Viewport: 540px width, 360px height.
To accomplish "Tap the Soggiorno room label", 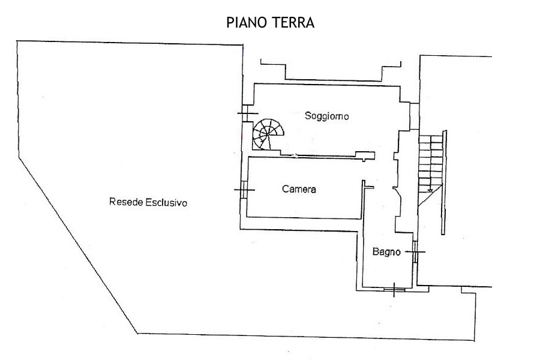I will pyautogui.click(x=326, y=116).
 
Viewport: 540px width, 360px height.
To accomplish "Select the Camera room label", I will pyautogui.click(x=299, y=190).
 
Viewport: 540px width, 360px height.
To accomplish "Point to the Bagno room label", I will pyautogui.click(x=386, y=252).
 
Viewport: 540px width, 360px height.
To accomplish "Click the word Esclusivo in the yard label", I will pyautogui.click(x=166, y=203).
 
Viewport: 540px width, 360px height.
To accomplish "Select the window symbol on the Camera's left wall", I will pyautogui.click(x=244, y=190).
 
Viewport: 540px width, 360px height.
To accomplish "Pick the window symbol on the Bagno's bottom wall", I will pyautogui.click(x=394, y=290).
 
